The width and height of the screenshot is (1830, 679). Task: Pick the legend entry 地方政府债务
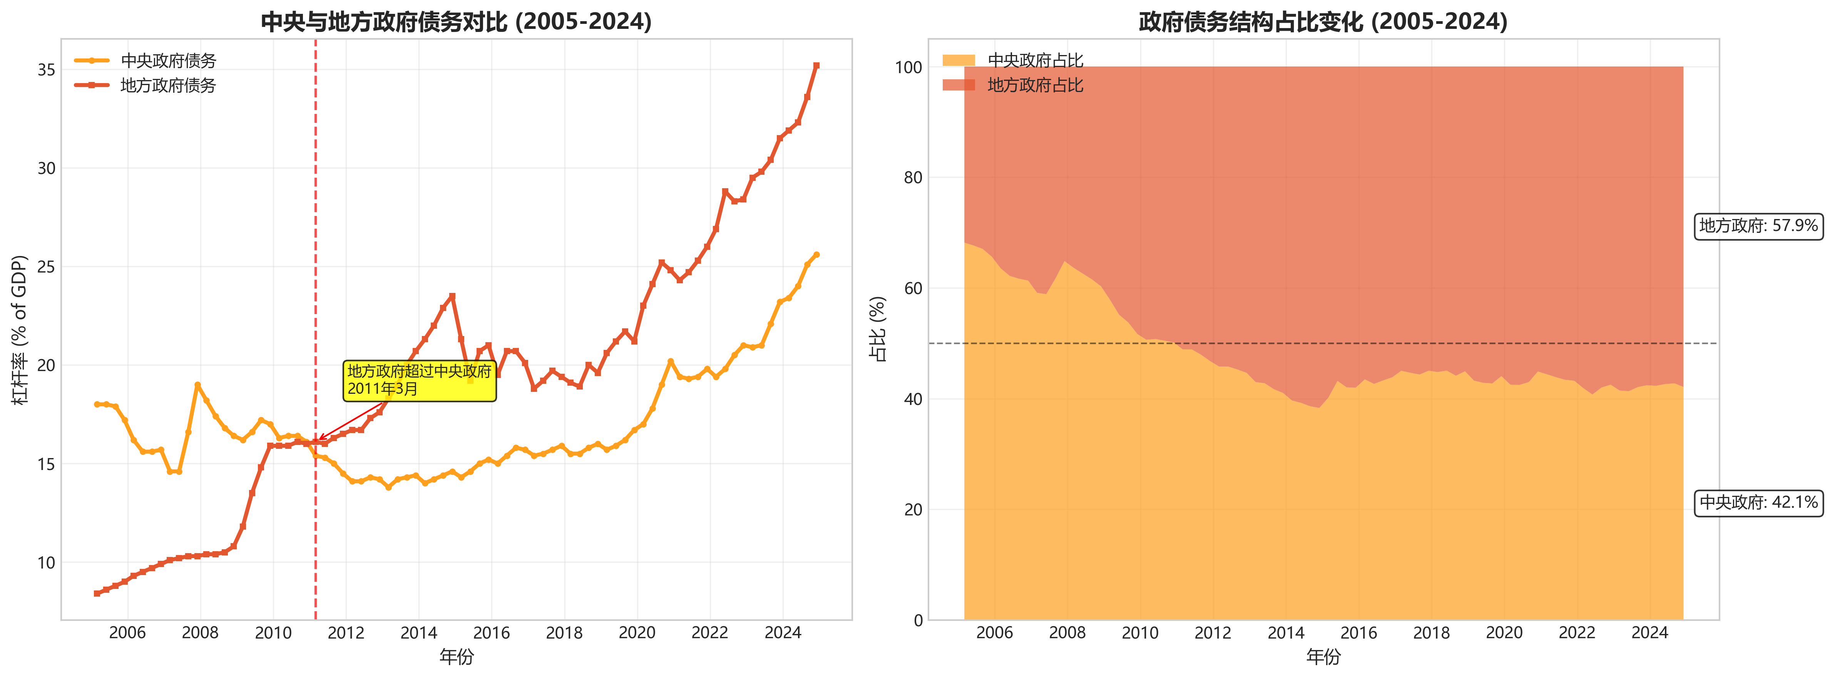point(168,85)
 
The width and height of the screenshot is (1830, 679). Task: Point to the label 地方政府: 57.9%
point(1758,226)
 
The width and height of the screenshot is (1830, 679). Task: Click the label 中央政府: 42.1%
point(1758,503)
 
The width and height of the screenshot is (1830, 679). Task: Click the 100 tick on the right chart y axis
point(908,67)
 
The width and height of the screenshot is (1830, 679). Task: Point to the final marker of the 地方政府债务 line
point(816,65)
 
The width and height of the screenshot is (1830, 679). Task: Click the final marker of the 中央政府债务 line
point(816,254)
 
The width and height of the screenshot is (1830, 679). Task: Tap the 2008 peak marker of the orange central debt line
point(197,385)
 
